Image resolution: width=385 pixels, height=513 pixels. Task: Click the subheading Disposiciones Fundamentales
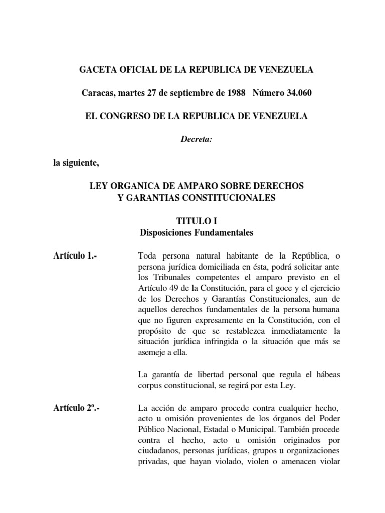click(196, 233)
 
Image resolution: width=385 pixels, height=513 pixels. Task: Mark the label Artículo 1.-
click(75, 256)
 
